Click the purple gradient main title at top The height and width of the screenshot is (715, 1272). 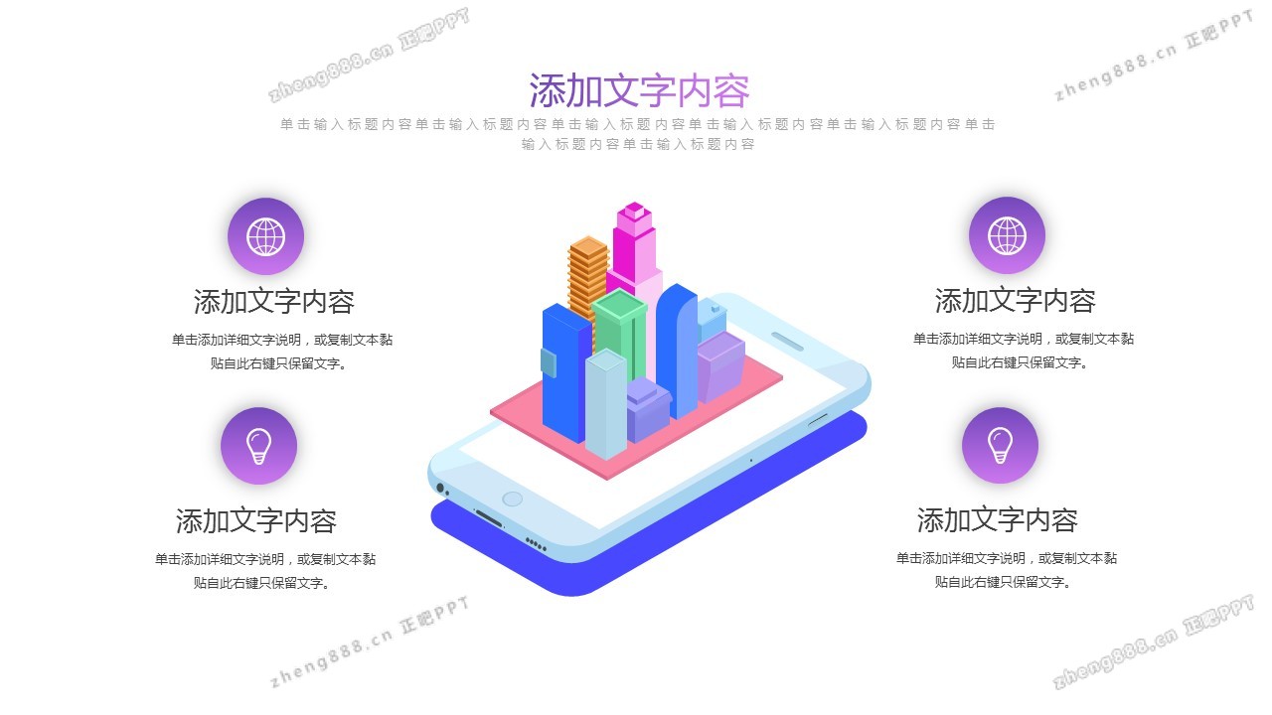639,90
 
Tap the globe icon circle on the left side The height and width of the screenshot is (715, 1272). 265,236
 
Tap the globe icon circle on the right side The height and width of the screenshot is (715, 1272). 1007,235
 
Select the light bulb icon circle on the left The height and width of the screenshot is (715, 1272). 259,446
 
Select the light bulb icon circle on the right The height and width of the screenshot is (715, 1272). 1000,445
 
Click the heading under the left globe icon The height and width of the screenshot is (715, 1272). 273,301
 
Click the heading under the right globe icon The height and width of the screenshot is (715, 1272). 1015,300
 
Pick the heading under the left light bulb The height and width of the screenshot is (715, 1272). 256,520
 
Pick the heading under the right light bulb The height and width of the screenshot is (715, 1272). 997,519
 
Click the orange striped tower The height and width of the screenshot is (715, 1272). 587,278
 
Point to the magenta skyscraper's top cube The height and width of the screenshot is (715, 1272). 634,212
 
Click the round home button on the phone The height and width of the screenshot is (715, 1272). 512,499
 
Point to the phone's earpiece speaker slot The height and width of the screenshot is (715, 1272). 787,342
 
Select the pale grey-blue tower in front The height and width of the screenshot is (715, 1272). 606,403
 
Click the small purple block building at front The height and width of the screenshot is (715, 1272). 649,410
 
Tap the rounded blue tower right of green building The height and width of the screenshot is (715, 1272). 677,352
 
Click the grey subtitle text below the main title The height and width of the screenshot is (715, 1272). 638,134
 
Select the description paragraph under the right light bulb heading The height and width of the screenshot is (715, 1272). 1007,570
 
